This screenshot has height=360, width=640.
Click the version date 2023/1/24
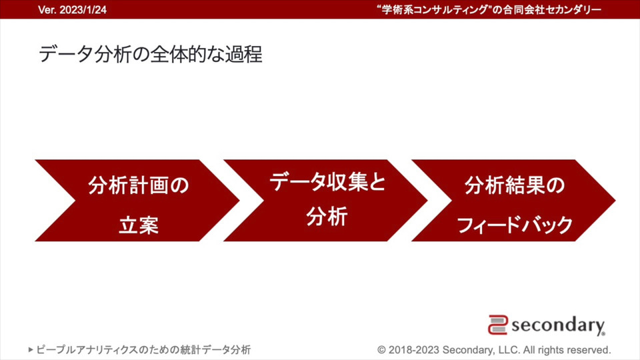(x=83, y=10)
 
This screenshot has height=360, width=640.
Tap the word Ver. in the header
(x=47, y=10)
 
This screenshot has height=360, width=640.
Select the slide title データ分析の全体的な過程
(x=150, y=54)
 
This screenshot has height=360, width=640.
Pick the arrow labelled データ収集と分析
(x=325, y=201)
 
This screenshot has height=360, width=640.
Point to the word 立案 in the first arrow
(x=139, y=225)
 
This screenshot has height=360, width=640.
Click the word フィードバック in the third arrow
(x=515, y=225)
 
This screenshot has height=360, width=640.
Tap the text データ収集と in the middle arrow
(x=327, y=181)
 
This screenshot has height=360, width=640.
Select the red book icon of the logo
(x=498, y=325)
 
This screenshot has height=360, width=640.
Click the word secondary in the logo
(x=557, y=325)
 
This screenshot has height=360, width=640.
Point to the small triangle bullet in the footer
(x=31, y=350)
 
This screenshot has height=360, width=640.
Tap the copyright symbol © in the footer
(x=381, y=350)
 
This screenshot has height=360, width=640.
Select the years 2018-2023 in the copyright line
(x=414, y=350)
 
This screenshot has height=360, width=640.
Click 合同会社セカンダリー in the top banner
(x=552, y=10)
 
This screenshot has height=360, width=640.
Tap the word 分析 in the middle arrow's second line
(x=327, y=216)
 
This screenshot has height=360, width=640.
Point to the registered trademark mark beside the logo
(x=603, y=334)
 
